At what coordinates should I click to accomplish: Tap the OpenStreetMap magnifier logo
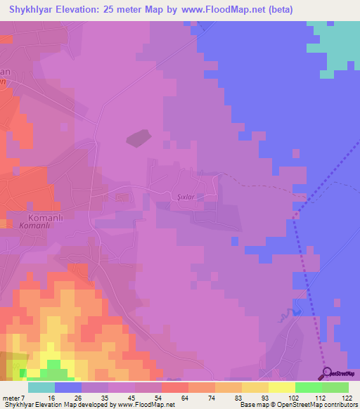click(x=326, y=372)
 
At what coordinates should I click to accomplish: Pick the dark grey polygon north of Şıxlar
click(x=139, y=138)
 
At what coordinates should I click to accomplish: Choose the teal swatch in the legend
click(x=41, y=387)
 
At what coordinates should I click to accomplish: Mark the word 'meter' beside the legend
click(x=11, y=398)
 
